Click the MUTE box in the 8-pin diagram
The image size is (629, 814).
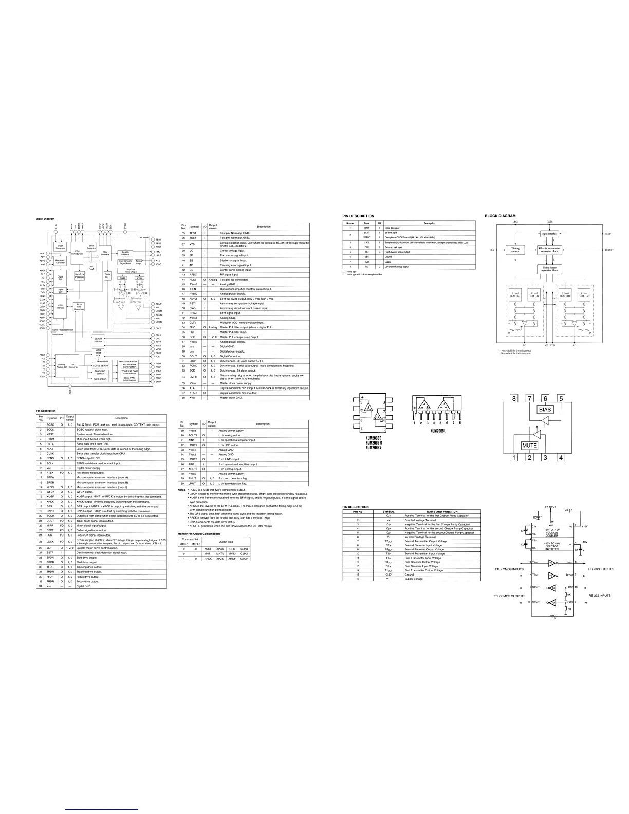tap(529, 446)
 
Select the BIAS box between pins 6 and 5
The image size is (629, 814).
tap(545, 410)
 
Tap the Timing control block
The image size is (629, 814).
tap(515, 250)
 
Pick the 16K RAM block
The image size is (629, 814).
tap(91, 267)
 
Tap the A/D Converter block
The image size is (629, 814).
tap(73, 380)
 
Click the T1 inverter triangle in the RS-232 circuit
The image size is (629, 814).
tap(552, 563)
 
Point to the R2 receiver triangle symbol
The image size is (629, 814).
tap(552, 602)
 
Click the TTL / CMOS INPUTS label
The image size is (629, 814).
tap(509, 569)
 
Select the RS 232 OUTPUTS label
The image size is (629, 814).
tap(601, 569)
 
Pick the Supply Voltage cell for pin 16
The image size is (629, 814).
tap(414, 579)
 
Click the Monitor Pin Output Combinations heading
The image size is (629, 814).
tap(202, 534)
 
